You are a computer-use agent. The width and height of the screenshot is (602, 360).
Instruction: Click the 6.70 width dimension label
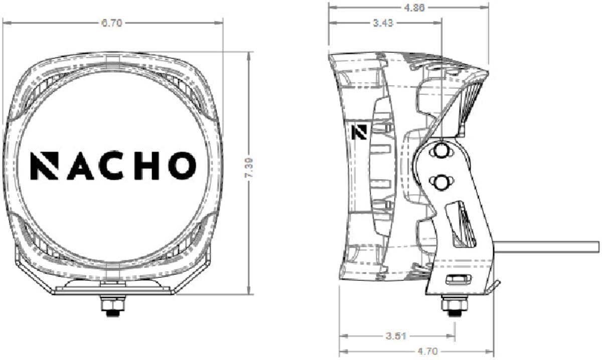click(x=112, y=23)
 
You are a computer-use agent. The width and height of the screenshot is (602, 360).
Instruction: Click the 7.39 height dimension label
click(x=249, y=172)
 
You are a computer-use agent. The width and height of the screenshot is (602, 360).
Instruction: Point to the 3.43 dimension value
click(x=383, y=23)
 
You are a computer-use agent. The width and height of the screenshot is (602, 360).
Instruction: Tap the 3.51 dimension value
click(x=396, y=336)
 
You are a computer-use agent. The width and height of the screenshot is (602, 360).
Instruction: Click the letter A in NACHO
click(x=79, y=165)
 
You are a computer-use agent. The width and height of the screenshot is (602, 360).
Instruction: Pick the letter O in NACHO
click(x=182, y=165)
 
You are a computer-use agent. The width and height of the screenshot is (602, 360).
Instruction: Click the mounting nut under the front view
click(x=112, y=306)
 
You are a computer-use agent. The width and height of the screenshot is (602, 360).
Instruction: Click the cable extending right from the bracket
click(x=547, y=247)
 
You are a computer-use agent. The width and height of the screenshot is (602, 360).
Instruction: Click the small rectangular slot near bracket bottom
click(x=459, y=279)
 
